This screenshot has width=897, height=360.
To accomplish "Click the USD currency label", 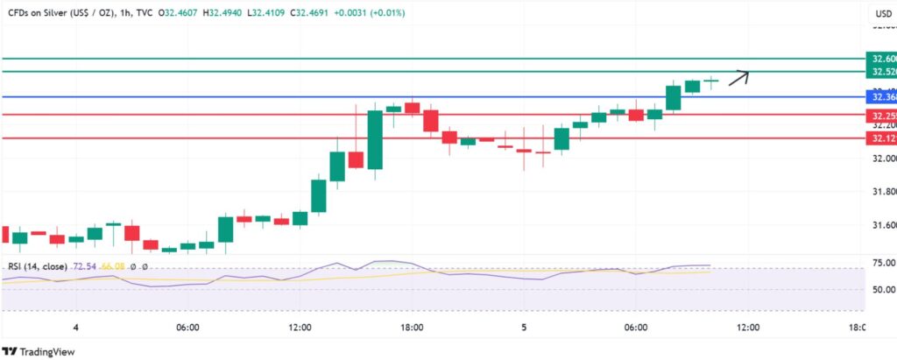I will [x=881, y=14].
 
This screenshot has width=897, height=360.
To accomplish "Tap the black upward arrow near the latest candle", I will [x=739, y=77].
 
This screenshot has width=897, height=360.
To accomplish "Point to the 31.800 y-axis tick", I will [x=877, y=191].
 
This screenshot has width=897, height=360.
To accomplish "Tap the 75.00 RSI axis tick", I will [x=877, y=263].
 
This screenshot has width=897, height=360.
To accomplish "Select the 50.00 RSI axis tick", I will [x=877, y=289].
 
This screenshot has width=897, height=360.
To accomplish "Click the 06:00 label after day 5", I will [x=635, y=328].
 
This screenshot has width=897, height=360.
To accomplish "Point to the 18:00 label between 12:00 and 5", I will [x=412, y=328].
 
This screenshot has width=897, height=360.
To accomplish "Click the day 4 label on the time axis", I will [x=76, y=328].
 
